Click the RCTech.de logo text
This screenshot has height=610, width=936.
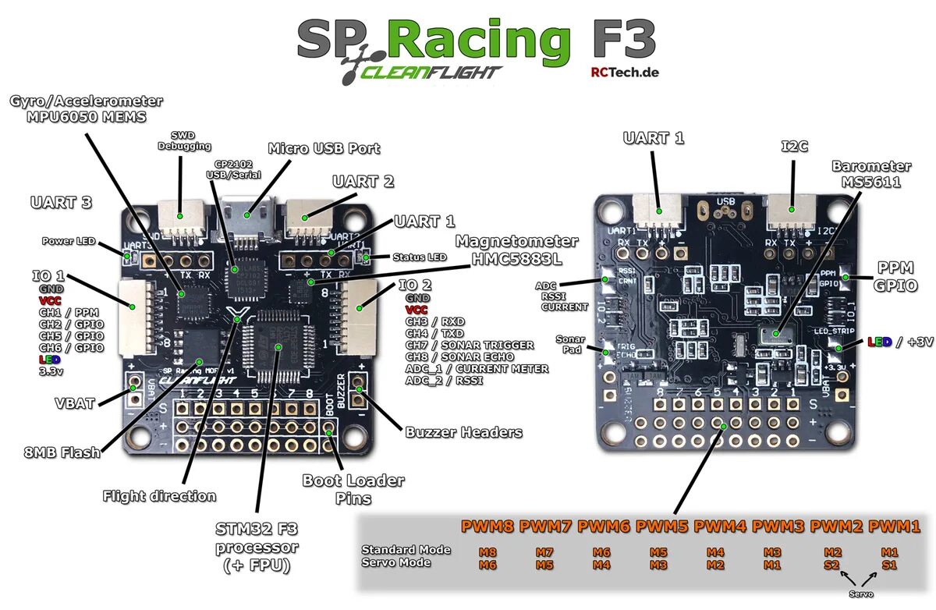[x=626, y=72]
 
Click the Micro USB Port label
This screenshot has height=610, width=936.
[x=324, y=148]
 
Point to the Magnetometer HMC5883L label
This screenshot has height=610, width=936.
[x=516, y=250]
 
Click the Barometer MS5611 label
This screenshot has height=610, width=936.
[x=870, y=174]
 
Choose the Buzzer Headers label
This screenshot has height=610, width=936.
[x=463, y=431]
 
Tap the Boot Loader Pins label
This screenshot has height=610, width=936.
[x=353, y=489]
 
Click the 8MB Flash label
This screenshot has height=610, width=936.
[x=62, y=452]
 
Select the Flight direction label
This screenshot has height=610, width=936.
[x=159, y=496]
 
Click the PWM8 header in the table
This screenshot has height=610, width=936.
[x=488, y=527]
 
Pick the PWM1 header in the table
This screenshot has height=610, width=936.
[x=895, y=527]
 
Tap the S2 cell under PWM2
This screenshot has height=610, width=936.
[x=832, y=564]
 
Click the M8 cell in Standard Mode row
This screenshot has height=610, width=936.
[x=488, y=551]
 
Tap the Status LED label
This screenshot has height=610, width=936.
[x=420, y=257]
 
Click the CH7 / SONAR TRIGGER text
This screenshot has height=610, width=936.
[x=470, y=345]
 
